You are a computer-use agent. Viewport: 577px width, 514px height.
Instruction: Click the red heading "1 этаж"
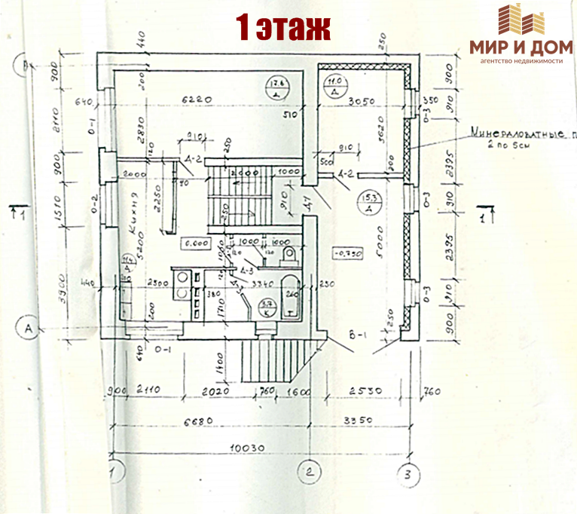283,28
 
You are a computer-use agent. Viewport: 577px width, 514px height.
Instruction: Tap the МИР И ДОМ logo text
521,46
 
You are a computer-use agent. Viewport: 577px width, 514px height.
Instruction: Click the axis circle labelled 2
308,473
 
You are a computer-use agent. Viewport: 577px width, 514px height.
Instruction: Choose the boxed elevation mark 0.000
195,244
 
